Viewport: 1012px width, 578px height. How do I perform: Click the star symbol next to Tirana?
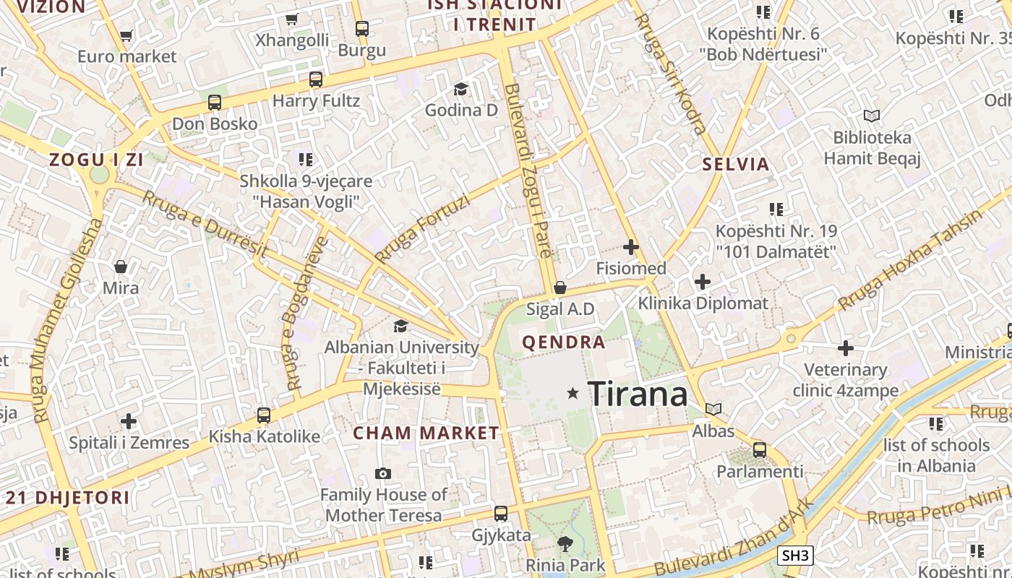tap(573, 393)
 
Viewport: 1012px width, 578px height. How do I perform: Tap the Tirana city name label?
tap(638, 394)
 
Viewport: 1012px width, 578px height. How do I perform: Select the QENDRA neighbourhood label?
tap(564, 342)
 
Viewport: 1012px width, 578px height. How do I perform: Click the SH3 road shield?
tap(795, 556)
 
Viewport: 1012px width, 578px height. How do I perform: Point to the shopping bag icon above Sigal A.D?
tap(559, 288)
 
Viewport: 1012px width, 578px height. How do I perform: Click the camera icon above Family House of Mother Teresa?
tap(383, 474)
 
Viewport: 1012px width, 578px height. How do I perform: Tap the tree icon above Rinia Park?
tap(565, 543)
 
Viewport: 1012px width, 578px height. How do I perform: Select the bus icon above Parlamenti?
tap(760, 450)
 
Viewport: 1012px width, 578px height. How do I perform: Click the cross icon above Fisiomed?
tap(631, 247)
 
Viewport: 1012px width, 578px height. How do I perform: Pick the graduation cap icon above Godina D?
tap(460, 89)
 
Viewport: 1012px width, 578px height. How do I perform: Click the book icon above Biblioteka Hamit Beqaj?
tap(872, 116)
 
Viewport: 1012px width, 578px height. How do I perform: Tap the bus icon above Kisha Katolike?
tap(264, 415)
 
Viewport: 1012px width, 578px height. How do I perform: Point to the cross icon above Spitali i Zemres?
tap(129, 421)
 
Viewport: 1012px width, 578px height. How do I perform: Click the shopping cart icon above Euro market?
tap(126, 35)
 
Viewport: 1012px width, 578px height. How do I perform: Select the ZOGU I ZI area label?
tap(96, 160)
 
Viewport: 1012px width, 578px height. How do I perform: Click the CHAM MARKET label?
tap(426, 433)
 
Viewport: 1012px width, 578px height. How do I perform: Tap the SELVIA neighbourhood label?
tap(736, 164)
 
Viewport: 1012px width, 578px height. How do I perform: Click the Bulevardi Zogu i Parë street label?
tap(528, 171)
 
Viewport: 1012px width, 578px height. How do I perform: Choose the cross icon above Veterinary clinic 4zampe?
tap(846, 349)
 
